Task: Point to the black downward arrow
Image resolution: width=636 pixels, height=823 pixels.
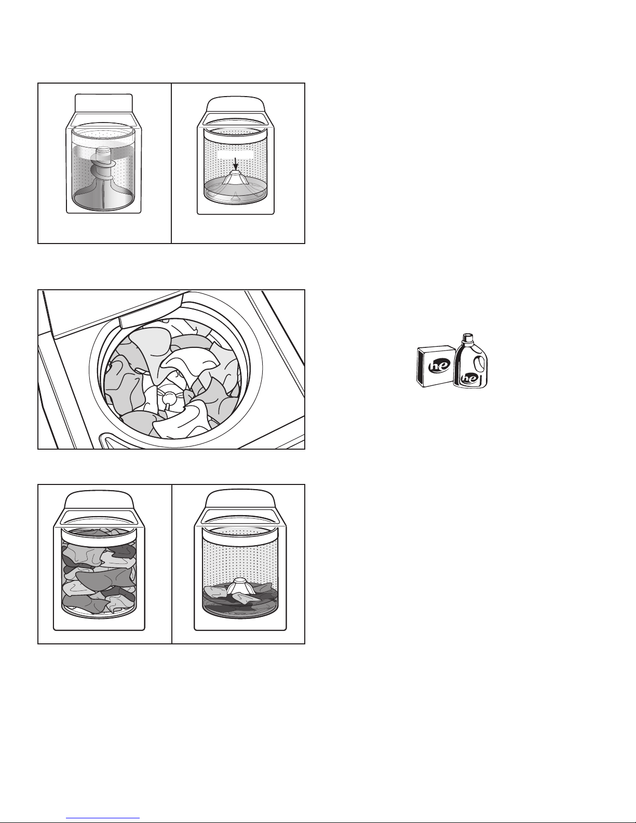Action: click(235, 164)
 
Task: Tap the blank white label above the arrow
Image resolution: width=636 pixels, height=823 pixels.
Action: click(235, 154)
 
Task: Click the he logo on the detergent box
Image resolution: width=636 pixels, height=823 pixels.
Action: click(439, 366)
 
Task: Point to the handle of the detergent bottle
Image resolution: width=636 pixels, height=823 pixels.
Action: click(479, 363)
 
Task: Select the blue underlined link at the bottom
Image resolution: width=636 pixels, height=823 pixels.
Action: click(103, 817)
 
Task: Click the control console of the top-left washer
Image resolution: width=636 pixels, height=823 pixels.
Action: click(104, 103)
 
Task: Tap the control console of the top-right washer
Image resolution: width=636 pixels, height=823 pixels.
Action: click(235, 104)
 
